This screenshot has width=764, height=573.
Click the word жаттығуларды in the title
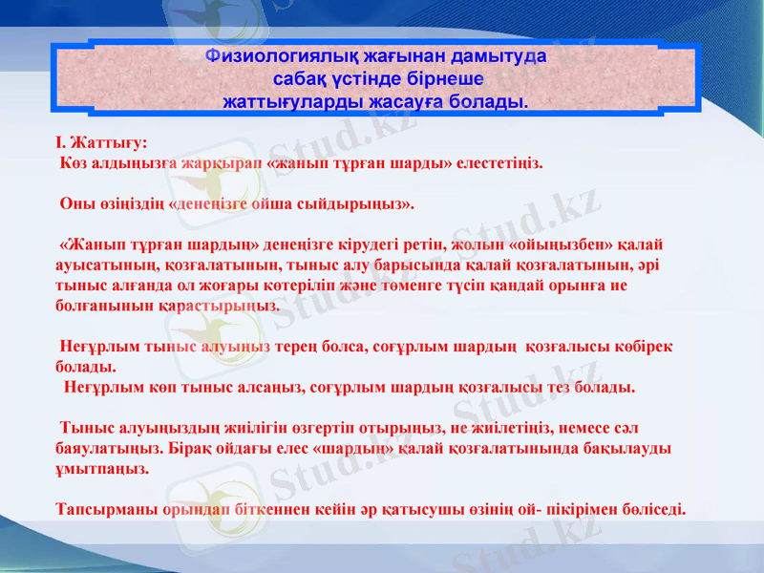click(x=284, y=99)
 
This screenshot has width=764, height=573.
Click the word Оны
click(x=75, y=203)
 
